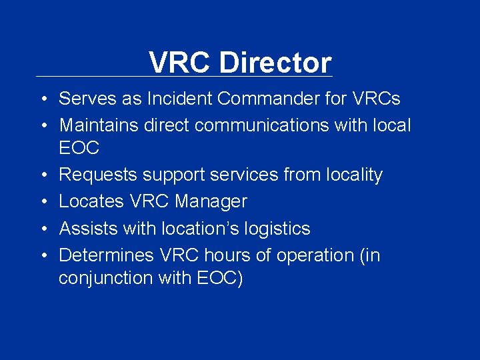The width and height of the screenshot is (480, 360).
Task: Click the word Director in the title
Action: coord(275,63)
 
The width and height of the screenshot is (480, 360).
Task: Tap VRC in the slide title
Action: coord(180,63)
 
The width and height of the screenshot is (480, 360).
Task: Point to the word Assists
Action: coord(85,229)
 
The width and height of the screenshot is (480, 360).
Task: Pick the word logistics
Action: coord(275,229)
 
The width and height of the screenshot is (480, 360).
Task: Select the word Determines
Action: coord(107,255)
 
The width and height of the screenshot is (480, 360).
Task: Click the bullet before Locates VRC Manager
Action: coord(41,201)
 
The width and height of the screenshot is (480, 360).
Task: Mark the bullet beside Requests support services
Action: coord(41,175)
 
